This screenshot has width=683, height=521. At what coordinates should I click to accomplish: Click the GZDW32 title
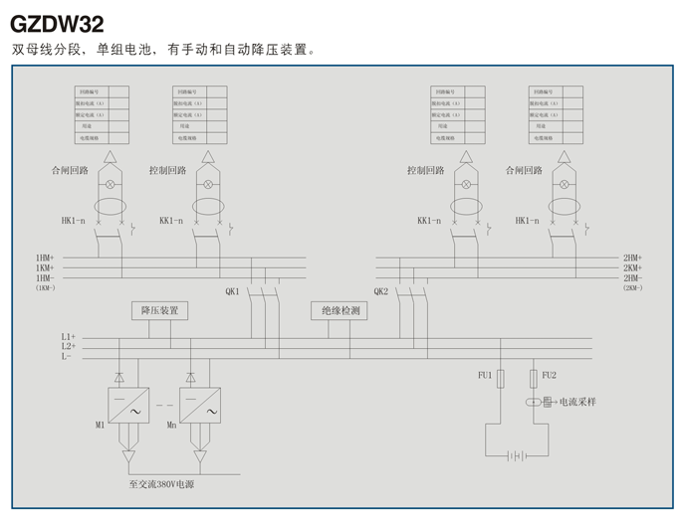[x=57, y=23]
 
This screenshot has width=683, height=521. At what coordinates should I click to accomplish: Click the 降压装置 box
[x=159, y=311]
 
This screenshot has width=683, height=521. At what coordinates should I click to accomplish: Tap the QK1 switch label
[x=232, y=290]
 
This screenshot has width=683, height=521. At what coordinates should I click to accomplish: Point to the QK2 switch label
[x=380, y=290]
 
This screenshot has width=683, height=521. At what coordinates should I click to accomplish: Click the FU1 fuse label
[x=485, y=375]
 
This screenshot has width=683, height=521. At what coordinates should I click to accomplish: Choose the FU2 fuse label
[x=549, y=375]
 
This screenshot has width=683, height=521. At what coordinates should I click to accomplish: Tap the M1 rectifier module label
[x=100, y=425]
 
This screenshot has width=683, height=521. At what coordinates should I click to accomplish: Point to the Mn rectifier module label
[x=171, y=425]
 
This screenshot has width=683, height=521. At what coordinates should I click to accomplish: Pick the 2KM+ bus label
[x=633, y=267]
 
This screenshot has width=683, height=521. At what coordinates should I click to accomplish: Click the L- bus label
[x=66, y=356]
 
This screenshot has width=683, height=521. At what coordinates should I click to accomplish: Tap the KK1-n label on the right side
[x=430, y=220]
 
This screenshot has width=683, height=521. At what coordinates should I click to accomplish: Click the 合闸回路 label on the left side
[x=70, y=170]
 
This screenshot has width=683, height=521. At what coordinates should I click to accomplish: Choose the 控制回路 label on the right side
[x=425, y=170]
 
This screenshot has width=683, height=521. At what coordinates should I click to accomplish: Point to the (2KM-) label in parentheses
[x=633, y=287]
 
